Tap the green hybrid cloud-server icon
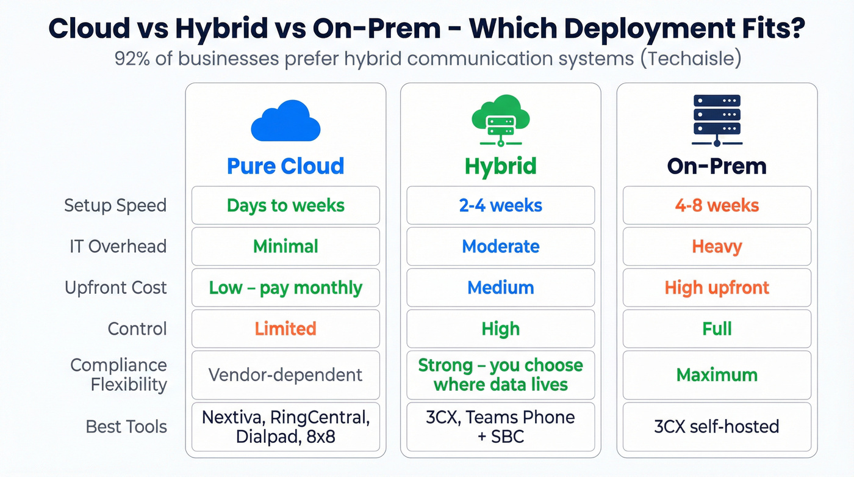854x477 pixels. [x=501, y=120]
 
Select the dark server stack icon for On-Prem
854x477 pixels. [x=717, y=120]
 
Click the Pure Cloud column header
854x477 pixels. [x=285, y=166]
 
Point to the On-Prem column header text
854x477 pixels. [x=717, y=166]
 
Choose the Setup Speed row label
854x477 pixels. [x=115, y=205]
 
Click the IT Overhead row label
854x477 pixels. [x=118, y=246]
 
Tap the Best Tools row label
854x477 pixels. [x=126, y=426]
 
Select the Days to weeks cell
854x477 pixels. [x=285, y=205]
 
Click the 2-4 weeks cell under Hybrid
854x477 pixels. [x=501, y=205]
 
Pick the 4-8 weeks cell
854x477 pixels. [x=717, y=205]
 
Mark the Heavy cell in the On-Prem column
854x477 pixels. [x=717, y=246]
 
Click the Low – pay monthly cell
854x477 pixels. [x=285, y=288]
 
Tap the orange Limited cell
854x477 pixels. [x=285, y=329]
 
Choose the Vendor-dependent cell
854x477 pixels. [x=285, y=374]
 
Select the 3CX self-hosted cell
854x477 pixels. [x=717, y=426]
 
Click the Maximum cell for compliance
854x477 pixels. [x=717, y=374]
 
